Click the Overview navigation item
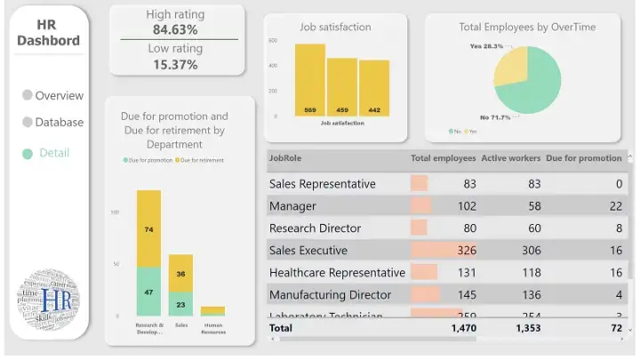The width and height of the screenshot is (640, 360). coord(59,95)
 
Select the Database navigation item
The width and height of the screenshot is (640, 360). coord(59,122)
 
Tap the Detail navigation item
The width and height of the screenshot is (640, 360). coord(53,153)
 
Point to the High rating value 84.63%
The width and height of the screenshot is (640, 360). coord(175,29)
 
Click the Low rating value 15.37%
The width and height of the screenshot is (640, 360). coord(175,64)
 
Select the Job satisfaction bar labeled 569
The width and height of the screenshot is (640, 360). coord(310,80)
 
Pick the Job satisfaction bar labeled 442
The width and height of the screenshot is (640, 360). coord(374,87)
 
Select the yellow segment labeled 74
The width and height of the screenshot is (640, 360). coord(148,228)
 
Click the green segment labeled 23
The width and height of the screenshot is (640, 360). coord(180,304)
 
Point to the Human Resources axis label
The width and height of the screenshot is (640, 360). coord(212,328)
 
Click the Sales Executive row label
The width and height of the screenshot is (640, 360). coord(308,251)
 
